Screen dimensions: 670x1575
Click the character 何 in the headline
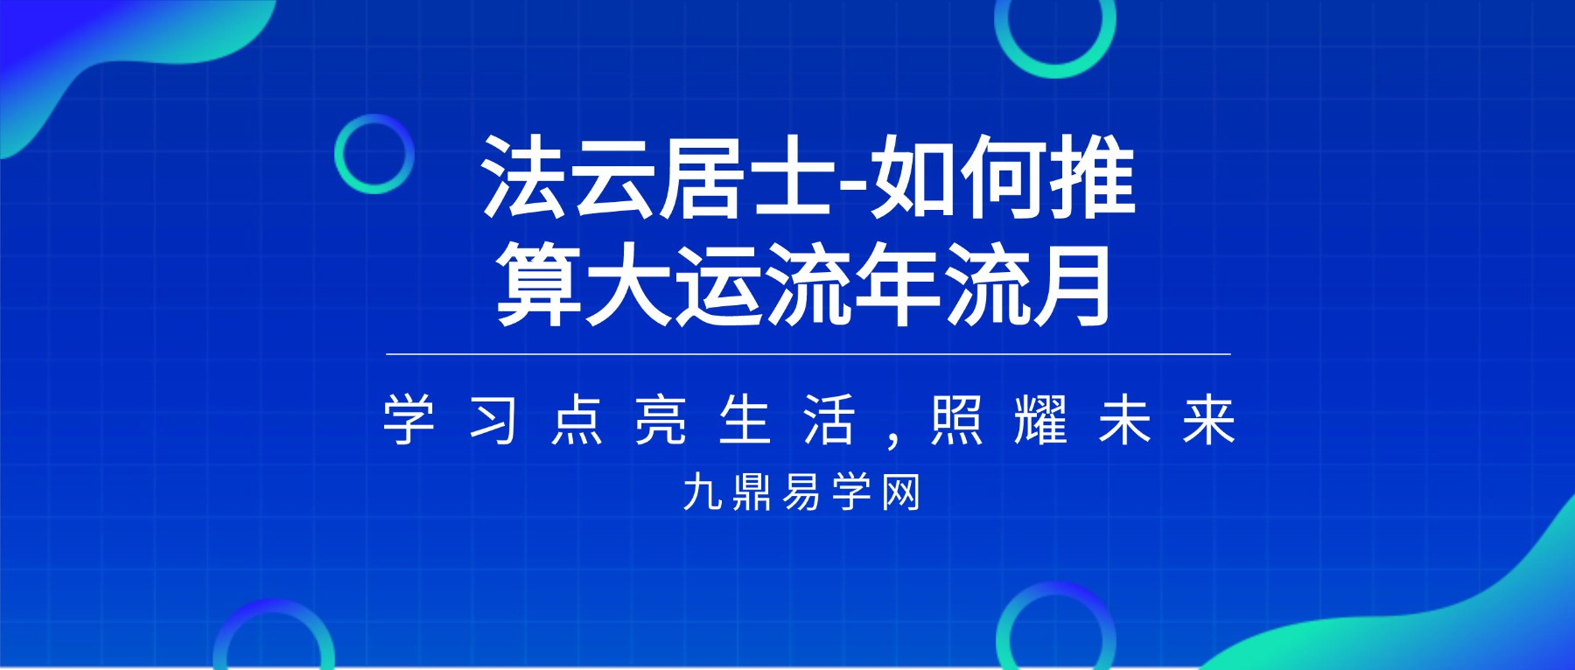(1004, 178)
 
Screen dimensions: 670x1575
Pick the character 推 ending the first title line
(1094, 178)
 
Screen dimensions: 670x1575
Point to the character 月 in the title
(1071, 285)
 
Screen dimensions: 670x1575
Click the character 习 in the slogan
(493, 420)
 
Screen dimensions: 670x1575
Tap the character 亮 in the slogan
(661, 420)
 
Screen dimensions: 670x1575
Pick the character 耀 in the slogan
(1040, 420)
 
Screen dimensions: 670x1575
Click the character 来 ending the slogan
(1208, 420)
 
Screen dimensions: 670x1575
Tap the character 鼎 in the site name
(752, 492)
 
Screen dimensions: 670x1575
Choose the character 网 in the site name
(901, 492)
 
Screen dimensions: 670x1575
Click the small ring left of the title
(374, 154)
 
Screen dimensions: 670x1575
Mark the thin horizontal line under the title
(808, 354)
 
